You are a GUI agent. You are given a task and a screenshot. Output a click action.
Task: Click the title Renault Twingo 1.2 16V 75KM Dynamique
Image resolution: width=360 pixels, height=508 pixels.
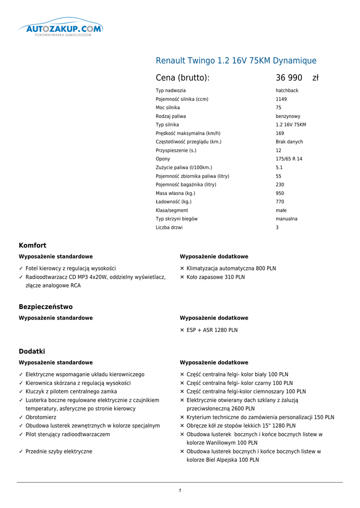pyautogui.click(x=236, y=61)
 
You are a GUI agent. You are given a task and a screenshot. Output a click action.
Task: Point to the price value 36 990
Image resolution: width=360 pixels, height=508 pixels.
pyautogui.click(x=289, y=78)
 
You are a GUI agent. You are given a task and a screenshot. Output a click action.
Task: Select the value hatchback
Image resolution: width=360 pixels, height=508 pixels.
pyautogui.click(x=287, y=91)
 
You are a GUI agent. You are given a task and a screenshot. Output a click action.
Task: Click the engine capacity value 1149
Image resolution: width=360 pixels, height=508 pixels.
pyautogui.click(x=281, y=99)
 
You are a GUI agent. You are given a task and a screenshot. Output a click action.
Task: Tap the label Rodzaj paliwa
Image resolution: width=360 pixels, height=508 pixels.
pyautogui.click(x=171, y=116)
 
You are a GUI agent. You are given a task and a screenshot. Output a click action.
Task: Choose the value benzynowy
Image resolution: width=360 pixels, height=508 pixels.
pyautogui.click(x=288, y=116)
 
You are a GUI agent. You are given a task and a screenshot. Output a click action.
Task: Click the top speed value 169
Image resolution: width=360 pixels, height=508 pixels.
pyautogui.click(x=280, y=133)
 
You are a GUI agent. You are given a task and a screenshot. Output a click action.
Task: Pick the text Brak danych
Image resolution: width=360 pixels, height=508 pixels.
pyautogui.click(x=289, y=142)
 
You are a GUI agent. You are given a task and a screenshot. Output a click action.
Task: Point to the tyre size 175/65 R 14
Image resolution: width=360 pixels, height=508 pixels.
pyautogui.click(x=289, y=159)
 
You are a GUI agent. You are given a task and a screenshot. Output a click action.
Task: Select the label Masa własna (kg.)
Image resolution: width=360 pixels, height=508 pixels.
pyautogui.click(x=175, y=193)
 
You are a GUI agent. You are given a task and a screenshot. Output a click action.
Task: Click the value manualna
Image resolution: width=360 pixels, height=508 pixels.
pyautogui.click(x=287, y=219)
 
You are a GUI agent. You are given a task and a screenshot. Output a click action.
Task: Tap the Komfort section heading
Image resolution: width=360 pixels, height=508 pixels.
pyautogui.click(x=32, y=246)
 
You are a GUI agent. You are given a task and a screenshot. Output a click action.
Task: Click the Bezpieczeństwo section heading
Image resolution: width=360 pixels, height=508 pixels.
pyautogui.click(x=46, y=307)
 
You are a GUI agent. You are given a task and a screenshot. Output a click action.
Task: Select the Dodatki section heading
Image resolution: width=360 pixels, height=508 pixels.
pyautogui.click(x=32, y=351)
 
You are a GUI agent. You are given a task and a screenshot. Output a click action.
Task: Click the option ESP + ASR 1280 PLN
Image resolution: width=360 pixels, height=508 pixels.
pyautogui.click(x=212, y=330)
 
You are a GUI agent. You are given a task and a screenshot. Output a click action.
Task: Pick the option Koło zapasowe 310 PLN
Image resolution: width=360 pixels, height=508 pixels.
pyautogui.click(x=216, y=277)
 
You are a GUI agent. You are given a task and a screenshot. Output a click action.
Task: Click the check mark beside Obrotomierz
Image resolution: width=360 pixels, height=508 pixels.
pyautogui.click(x=21, y=417)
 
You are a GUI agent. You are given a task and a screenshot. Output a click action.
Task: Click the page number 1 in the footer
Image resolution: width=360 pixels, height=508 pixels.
pyautogui.click(x=180, y=491)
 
